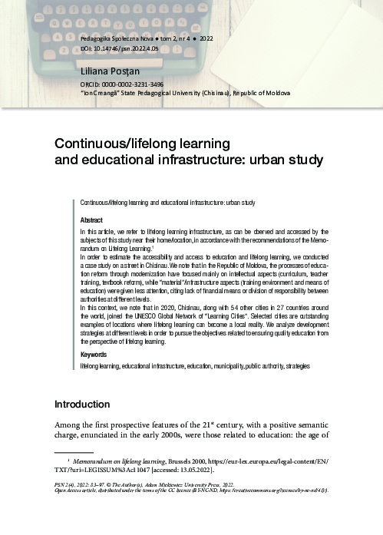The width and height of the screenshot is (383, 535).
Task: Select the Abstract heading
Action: point(91,220)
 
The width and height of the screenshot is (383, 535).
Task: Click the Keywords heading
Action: point(94,355)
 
